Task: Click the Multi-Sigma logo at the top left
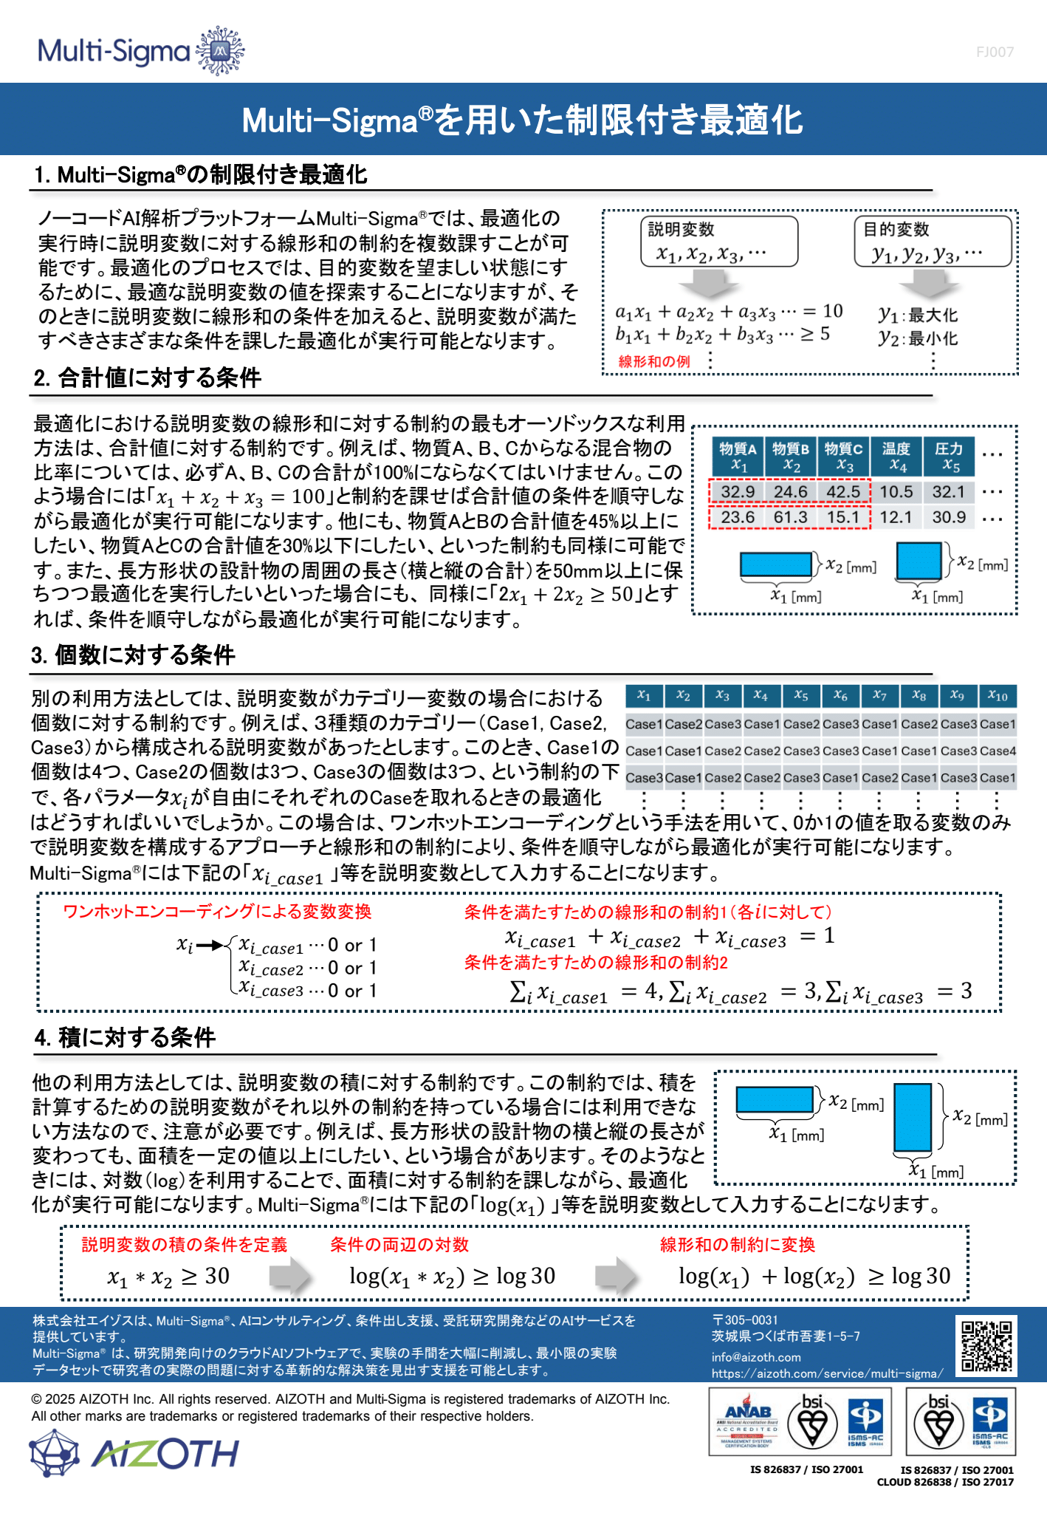(140, 51)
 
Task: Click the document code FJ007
(995, 52)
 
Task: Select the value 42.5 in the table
(843, 492)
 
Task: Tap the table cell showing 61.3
(791, 517)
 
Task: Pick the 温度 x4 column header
(896, 457)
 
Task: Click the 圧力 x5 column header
(949, 457)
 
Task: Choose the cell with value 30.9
(949, 517)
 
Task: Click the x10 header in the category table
(998, 695)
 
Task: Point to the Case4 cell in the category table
(998, 751)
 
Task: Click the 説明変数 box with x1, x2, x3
(718, 242)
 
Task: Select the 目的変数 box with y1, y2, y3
(933, 242)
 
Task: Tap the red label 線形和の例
(654, 361)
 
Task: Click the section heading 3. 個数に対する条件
(134, 655)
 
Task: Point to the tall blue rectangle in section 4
(913, 1117)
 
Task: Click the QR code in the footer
(986, 1345)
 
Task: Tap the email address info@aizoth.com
(756, 1357)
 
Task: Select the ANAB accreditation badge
(747, 1421)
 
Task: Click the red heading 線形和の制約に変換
(737, 1245)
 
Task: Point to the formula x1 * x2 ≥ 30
(168, 1277)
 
